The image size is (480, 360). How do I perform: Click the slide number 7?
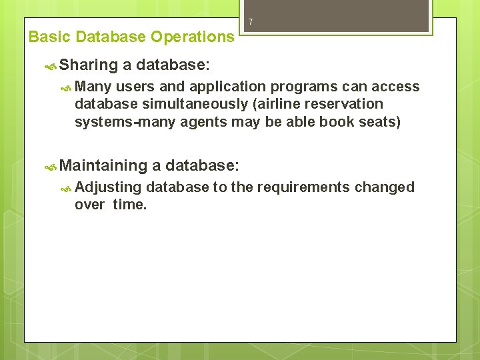click(251, 22)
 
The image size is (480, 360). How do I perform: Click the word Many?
click(93, 87)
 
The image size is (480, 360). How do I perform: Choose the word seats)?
click(379, 121)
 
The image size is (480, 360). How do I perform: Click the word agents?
click(205, 121)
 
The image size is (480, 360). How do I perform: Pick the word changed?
click(385, 187)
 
